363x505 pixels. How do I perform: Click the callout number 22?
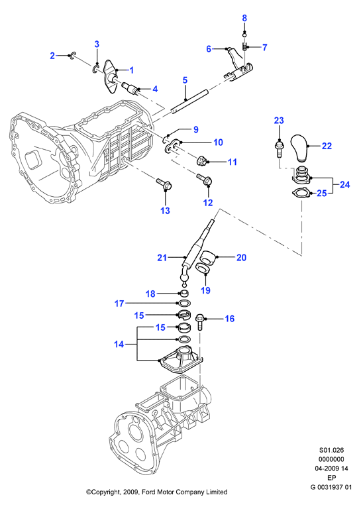[x=327, y=146]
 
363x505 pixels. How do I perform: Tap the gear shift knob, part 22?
[x=300, y=148]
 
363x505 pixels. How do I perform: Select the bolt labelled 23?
[x=279, y=149]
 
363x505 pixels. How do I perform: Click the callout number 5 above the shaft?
[x=185, y=80]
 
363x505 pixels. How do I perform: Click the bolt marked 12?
[x=204, y=180]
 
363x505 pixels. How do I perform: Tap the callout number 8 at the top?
[x=244, y=18]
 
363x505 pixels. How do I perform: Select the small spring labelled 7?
[x=244, y=46]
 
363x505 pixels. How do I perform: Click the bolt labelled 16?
[x=199, y=322]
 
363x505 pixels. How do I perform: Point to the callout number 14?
[x=119, y=345]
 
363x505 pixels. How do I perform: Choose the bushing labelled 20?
[x=208, y=257]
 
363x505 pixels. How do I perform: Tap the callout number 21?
[x=162, y=258]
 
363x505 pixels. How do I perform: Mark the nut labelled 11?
[x=203, y=160]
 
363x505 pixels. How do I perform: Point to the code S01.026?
[x=331, y=450]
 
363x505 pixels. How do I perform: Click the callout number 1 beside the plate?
[x=131, y=70]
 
